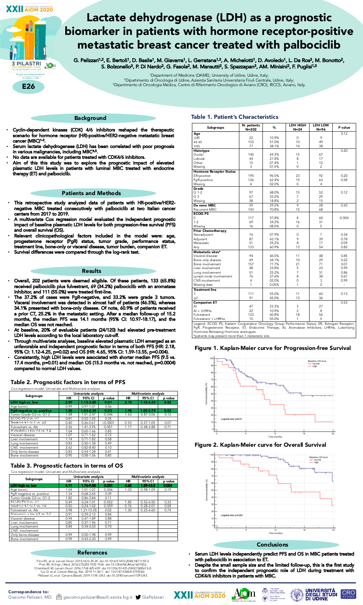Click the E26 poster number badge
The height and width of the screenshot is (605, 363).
(28, 86)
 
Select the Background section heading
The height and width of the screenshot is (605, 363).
(90, 118)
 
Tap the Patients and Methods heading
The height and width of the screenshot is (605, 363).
(91, 193)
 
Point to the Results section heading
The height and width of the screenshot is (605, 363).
(91, 271)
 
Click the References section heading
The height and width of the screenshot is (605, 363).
(92, 553)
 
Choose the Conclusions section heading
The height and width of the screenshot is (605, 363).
(272, 545)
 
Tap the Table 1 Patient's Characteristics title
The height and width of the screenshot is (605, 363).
(234, 117)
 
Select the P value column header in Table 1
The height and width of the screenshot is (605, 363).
(344, 128)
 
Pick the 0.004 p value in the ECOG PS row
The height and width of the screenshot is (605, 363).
(344, 218)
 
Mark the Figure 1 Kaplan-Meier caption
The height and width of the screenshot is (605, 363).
(272, 348)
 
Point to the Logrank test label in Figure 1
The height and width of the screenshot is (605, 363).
(231, 419)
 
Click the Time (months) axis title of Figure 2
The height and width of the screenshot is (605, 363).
(275, 533)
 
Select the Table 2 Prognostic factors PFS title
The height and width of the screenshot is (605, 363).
(68, 382)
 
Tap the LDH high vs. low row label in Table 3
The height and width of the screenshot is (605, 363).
(24, 485)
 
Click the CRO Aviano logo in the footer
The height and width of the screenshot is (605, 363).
(348, 594)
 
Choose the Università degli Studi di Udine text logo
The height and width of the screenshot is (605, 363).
(321, 594)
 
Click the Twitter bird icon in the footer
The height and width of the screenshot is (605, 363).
(138, 597)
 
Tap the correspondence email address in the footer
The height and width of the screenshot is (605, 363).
(97, 597)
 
